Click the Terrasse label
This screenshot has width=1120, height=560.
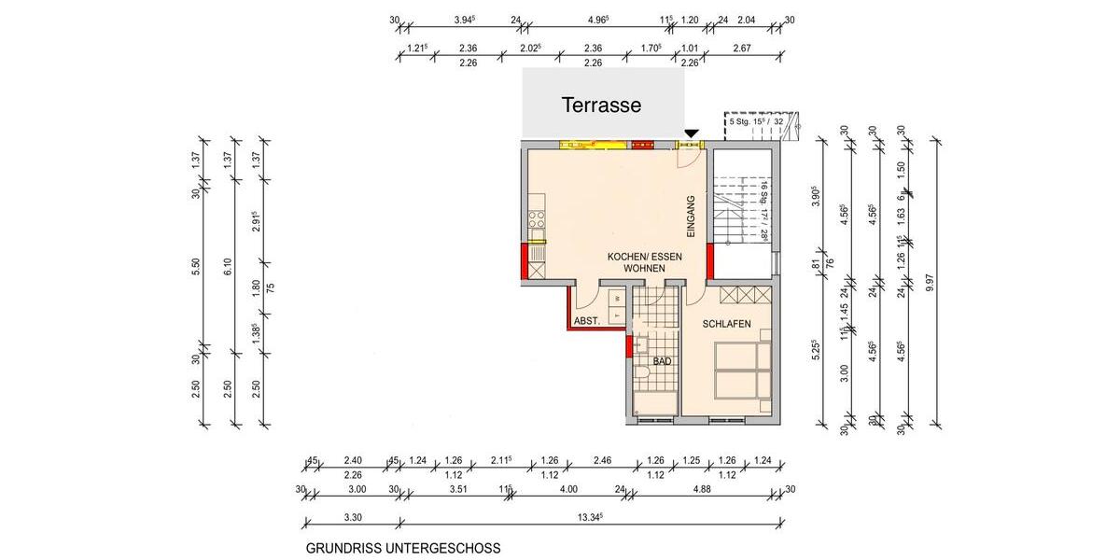[601, 105]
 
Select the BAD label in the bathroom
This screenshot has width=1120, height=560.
[662, 361]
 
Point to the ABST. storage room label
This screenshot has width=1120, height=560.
[587, 320]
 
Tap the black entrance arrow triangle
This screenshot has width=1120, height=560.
[691, 135]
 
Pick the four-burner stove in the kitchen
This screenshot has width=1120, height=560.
[537, 220]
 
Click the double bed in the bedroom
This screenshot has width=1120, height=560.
[742, 371]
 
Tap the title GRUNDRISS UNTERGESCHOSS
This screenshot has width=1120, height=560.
[403, 549]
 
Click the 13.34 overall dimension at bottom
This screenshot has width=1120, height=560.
[589, 516]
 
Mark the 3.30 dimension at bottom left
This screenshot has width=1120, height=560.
[352, 516]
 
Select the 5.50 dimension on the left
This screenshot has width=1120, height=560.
[197, 267]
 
